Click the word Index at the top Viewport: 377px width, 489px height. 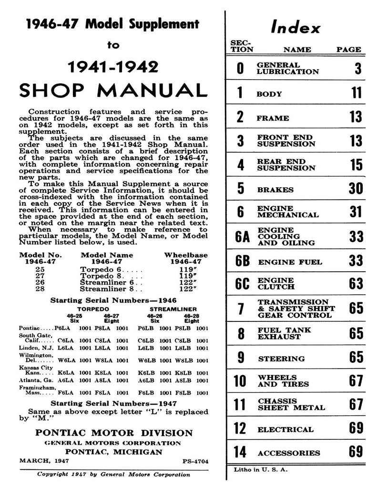295,28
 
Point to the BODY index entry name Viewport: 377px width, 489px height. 269,94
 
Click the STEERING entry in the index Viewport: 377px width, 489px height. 281,358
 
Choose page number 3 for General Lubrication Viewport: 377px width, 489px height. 358,68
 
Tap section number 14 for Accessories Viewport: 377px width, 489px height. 241,452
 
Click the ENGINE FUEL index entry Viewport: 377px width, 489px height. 290,262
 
